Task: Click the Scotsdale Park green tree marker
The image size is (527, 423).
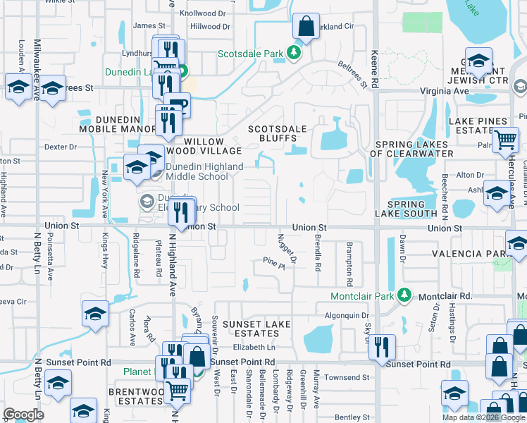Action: tap(297, 54)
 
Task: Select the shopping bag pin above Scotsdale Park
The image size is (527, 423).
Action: tap(306, 27)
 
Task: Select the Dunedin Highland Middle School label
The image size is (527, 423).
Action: tap(200, 171)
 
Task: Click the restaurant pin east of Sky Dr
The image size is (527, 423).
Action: tap(382, 347)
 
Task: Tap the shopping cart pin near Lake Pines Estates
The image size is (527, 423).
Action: tap(505, 141)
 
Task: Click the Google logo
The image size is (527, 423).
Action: tap(24, 415)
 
